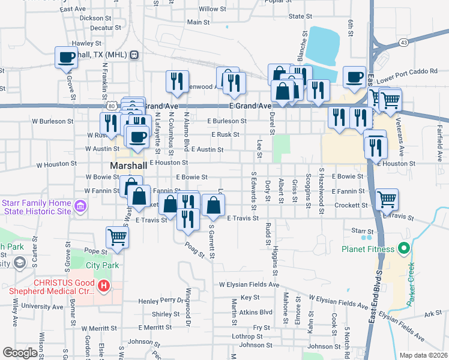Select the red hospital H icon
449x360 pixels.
point(104,286)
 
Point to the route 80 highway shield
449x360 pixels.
point(112,106)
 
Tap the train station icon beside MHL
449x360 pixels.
point(134,55)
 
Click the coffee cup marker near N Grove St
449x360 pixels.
point(66,58)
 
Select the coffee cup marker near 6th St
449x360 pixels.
point(354,77)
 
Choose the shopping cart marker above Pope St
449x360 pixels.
point(117,236)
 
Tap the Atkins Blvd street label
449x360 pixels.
point(256,312)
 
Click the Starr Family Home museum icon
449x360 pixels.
point(79,208)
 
